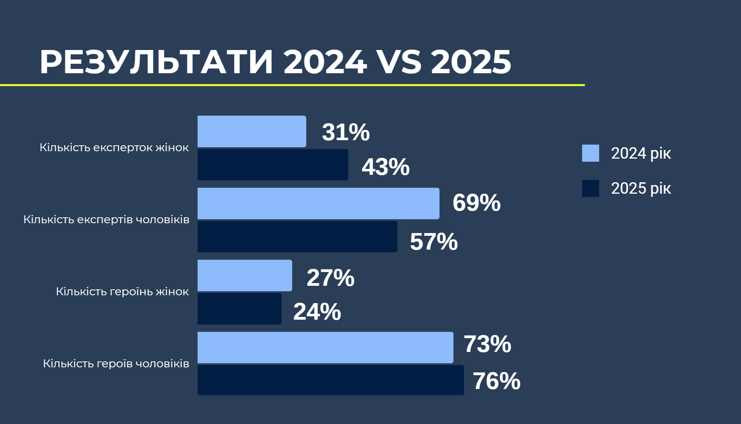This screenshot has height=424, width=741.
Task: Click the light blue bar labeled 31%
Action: pyautogui.click(x=252, y=131)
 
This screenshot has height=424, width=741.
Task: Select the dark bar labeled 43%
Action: pyautogui.click(x=273, y=165)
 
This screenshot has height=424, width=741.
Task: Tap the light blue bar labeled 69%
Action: pyautogui.click(x=318, y=204)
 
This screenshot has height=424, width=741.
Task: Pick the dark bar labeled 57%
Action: pyautogui.click(x=297, y=237)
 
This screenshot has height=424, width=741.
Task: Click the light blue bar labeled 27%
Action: pyautogui.click(x=245, y=276)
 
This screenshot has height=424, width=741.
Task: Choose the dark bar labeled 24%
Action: pyautogui.click(x=239, y=309)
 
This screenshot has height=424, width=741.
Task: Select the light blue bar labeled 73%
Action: pyautogui.click(x=325, y=348)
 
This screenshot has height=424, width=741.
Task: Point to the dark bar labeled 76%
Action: pyautogui.click(x=331, y=380)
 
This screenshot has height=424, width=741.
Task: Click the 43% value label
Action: pyautogui.click(x=386, y=167)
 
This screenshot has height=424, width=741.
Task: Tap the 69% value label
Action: pyautogui.click(x=476, y=203)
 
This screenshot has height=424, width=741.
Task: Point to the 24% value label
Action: pyautogui.click(x=317, y=312)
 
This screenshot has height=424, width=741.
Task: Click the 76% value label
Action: pyautogui.click(x=496, y=381)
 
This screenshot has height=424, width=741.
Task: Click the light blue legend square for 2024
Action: pyautogui.click(x=590, y=153)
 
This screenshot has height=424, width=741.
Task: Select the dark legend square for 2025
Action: pyautogui.click(x=590, y=188)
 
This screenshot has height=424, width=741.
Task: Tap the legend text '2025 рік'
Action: pyautogui.click(x=641, y=189)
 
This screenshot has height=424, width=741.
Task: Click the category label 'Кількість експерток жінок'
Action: pyautogui.click(x=114, y=148)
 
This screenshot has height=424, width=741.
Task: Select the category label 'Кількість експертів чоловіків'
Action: pyautogui.click(x=106, y=220)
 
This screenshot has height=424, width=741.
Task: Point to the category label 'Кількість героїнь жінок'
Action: pyautogui.click(x=122, y=292)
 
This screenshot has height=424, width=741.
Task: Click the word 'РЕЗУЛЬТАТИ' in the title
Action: pyautogui.click(x=156, y=62)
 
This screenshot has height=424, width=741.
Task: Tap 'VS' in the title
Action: pyautogui.click(x=399, y=62)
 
